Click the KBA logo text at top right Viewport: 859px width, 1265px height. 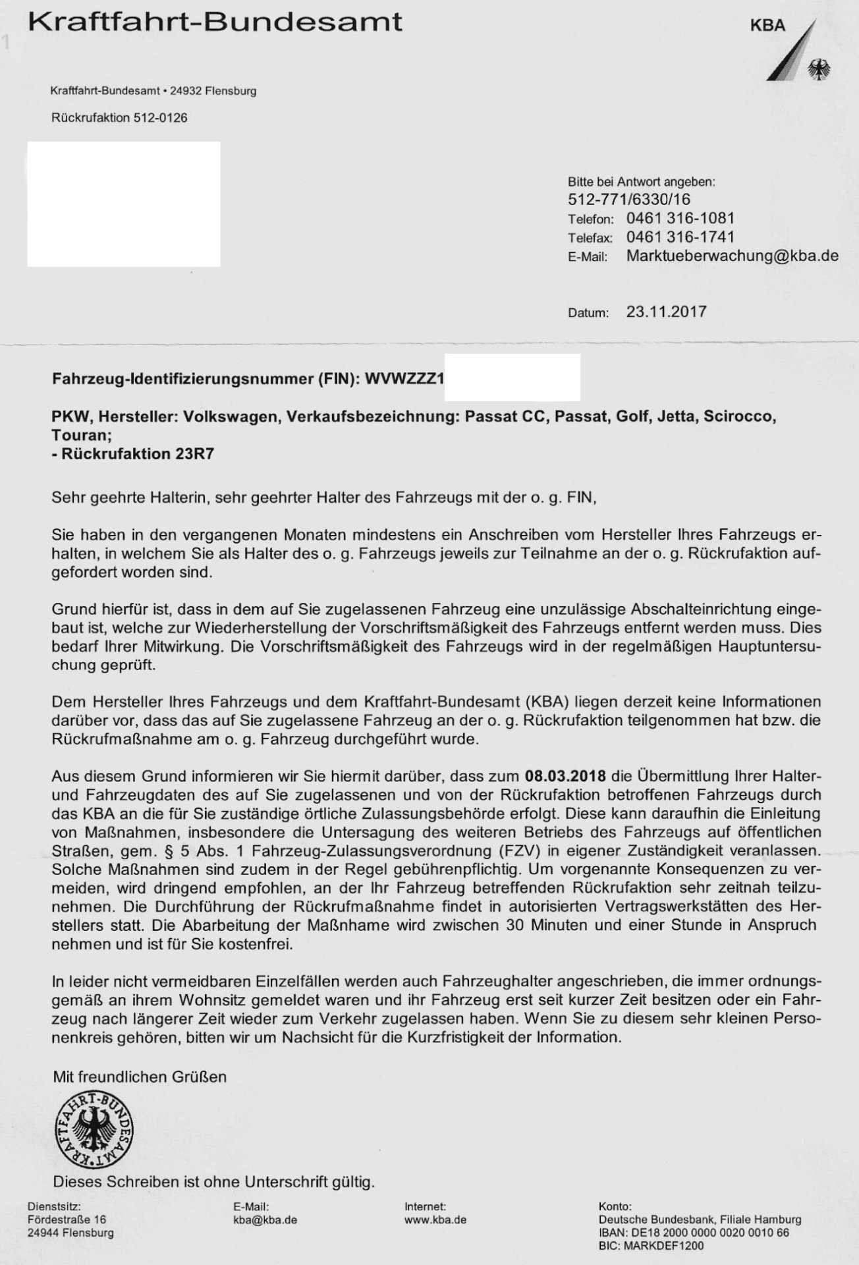coord(767,26)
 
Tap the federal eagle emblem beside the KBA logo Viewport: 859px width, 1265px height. coord(819,68)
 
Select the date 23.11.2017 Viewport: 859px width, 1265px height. coord(666,312)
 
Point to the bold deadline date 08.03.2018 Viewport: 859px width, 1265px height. coord(565,775)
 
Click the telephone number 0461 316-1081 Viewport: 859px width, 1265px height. coord(680,218)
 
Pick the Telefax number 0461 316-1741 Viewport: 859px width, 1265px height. coord(680,237)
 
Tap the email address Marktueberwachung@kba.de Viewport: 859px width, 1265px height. coord(732,256)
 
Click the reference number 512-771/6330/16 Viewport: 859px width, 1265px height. coord(628,199)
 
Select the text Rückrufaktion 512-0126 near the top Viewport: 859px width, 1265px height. coord(119,118)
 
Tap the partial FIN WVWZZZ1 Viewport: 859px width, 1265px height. coord(404,379)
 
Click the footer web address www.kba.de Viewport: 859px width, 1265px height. coord(435,1220)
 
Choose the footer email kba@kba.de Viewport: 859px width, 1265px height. coord(265,1220)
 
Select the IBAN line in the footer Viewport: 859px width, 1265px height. coord(693,1233)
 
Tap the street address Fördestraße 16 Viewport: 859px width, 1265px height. coord(67,1220)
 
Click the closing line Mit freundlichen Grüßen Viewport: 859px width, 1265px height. coord(140,1077)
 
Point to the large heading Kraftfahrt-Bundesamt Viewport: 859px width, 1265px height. coord(215,22)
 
